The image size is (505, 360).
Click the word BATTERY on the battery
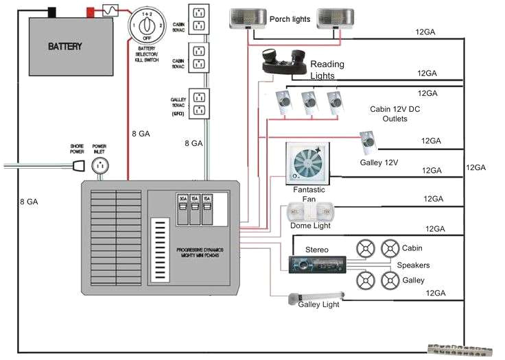pos(65,47)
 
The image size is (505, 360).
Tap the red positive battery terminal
pos(90,12)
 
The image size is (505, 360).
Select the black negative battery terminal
pos(51,12)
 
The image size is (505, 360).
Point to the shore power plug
pos(78,165)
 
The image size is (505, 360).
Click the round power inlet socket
pos(100,165)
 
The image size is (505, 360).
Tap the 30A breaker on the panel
pos(183,209)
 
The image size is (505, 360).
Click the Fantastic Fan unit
pos(307,163)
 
